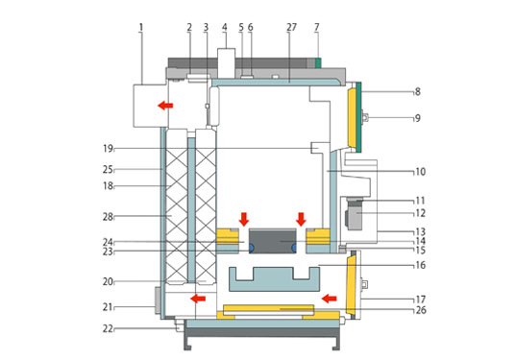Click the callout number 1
(141, 27)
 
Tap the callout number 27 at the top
(291, 27)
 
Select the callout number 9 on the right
(417, 118)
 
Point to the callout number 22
(108, 328)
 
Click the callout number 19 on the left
(108, 149)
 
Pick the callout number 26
(421, 310)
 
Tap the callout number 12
(420, 213)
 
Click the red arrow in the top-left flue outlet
(165, 106)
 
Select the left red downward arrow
(244, 219)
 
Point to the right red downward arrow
(301, 219)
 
